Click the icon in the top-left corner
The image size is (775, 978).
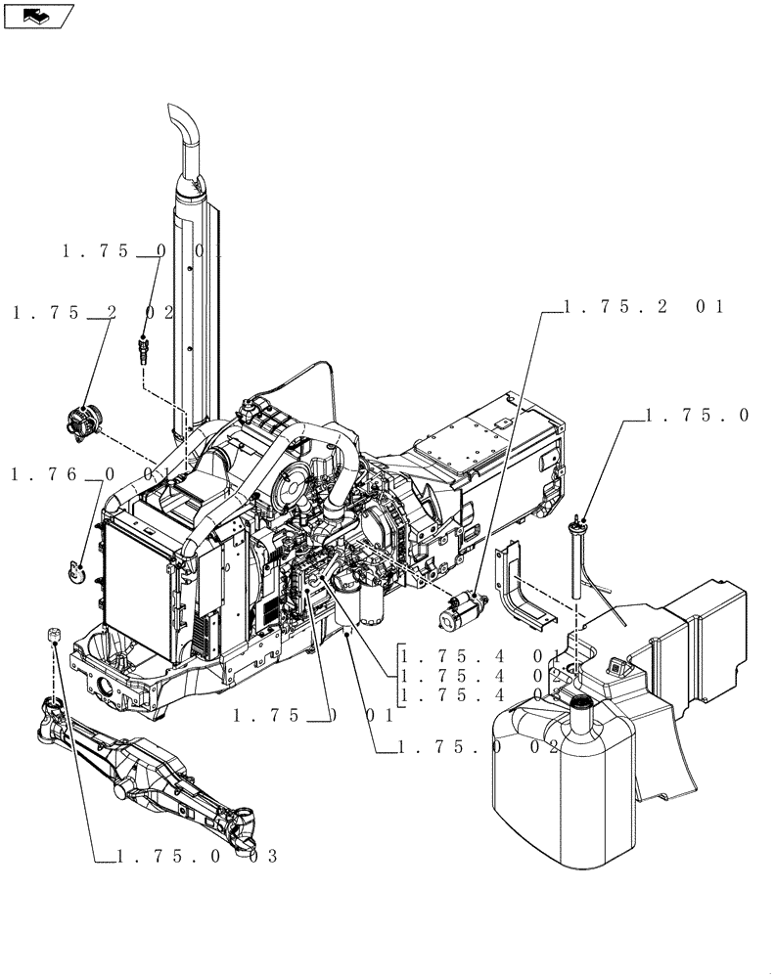[38, 15]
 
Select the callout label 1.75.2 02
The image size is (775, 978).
[94, 313]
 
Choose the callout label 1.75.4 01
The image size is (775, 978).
[479, 655]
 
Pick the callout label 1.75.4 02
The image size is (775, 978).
[479, 676]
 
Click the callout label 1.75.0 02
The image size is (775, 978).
[479, 747]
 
